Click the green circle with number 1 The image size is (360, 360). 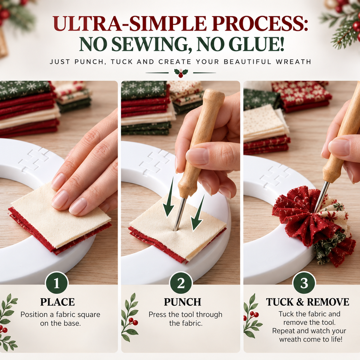coord(57,283)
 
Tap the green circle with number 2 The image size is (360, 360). coord(181,283)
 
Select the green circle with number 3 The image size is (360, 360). coord(304,283)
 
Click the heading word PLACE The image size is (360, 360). coord(58,302)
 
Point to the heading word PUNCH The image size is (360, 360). coord(182,302)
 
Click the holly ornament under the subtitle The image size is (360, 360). coord(181,73)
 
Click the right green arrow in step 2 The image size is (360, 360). coord(197,213)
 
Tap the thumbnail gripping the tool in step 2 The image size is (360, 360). coord(197,156)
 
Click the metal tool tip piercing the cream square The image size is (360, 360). coord(175,230)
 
